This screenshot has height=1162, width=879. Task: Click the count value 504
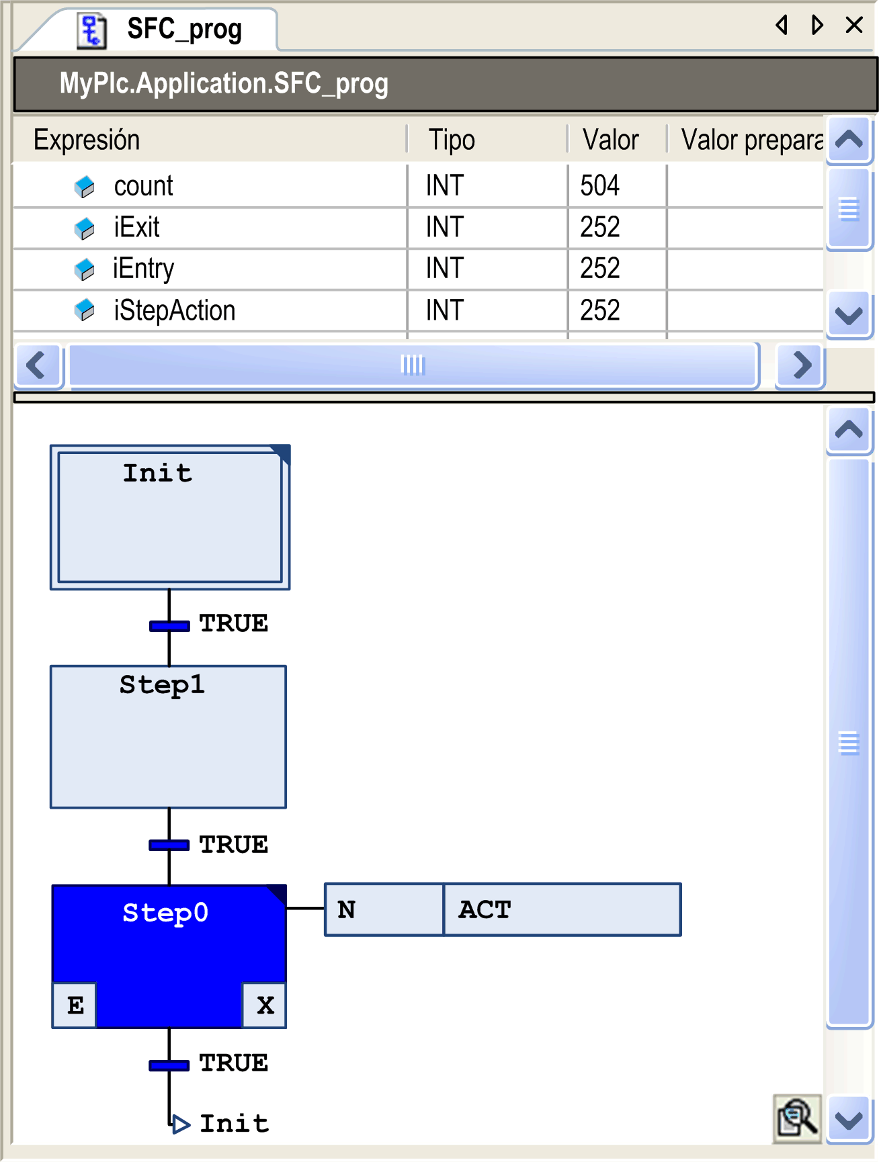pyautogui.click(x=599, y=186)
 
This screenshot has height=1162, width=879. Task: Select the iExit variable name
pyautogui.click(x=136, y=228)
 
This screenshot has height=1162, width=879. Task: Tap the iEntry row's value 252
pyautogui.click(x=599, y=269)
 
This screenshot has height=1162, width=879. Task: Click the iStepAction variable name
pyautogui.click(x=174, y=311)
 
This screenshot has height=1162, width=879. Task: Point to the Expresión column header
pyautogui.click(x=87, y=140)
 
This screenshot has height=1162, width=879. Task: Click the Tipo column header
pyautogui.click(x=452, y=140)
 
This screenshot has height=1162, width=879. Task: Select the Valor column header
pyautogui.click(x=610, y=140)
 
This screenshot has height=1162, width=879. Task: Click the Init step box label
pyautogui.click(x=157, y=474)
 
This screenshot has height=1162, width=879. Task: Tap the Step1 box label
pyautogui.click(x=162, y=685)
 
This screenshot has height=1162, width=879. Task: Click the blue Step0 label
pyautogui.click(x=165, y=913)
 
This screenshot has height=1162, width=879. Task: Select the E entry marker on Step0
pyautogui.click(x=75, y=1005)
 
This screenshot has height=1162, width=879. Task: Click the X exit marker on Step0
pyautogui.click(x=265, y=1005)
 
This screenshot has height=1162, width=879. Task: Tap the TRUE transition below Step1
pyautogui.click(x=233, y=844)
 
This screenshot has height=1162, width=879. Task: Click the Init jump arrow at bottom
pyautogui.click(x=180, y=1124)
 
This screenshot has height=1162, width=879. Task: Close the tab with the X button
pyautogui.click(x=854, y=26)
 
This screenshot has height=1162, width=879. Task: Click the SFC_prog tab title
pyautogui.click(x=184, y=30)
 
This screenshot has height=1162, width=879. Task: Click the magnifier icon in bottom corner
pyautogui.click(x=797, y=1118)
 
